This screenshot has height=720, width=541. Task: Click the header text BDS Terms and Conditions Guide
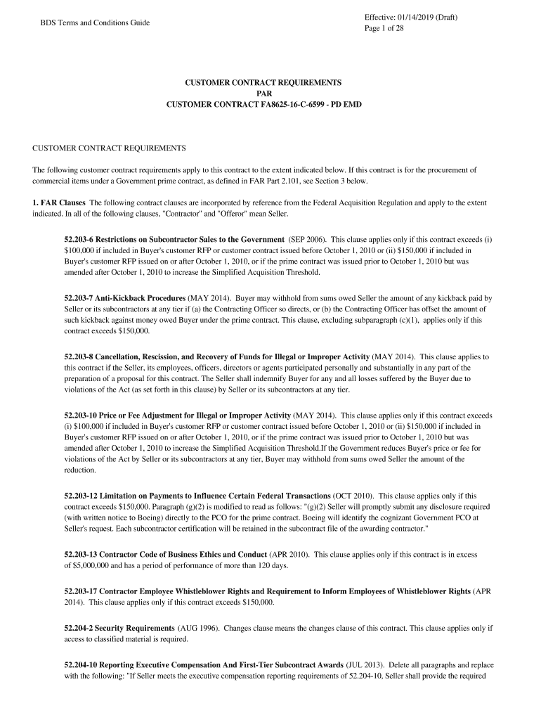95,22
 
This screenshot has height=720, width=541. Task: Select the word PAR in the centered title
263,94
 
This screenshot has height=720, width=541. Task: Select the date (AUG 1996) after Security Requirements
201,627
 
